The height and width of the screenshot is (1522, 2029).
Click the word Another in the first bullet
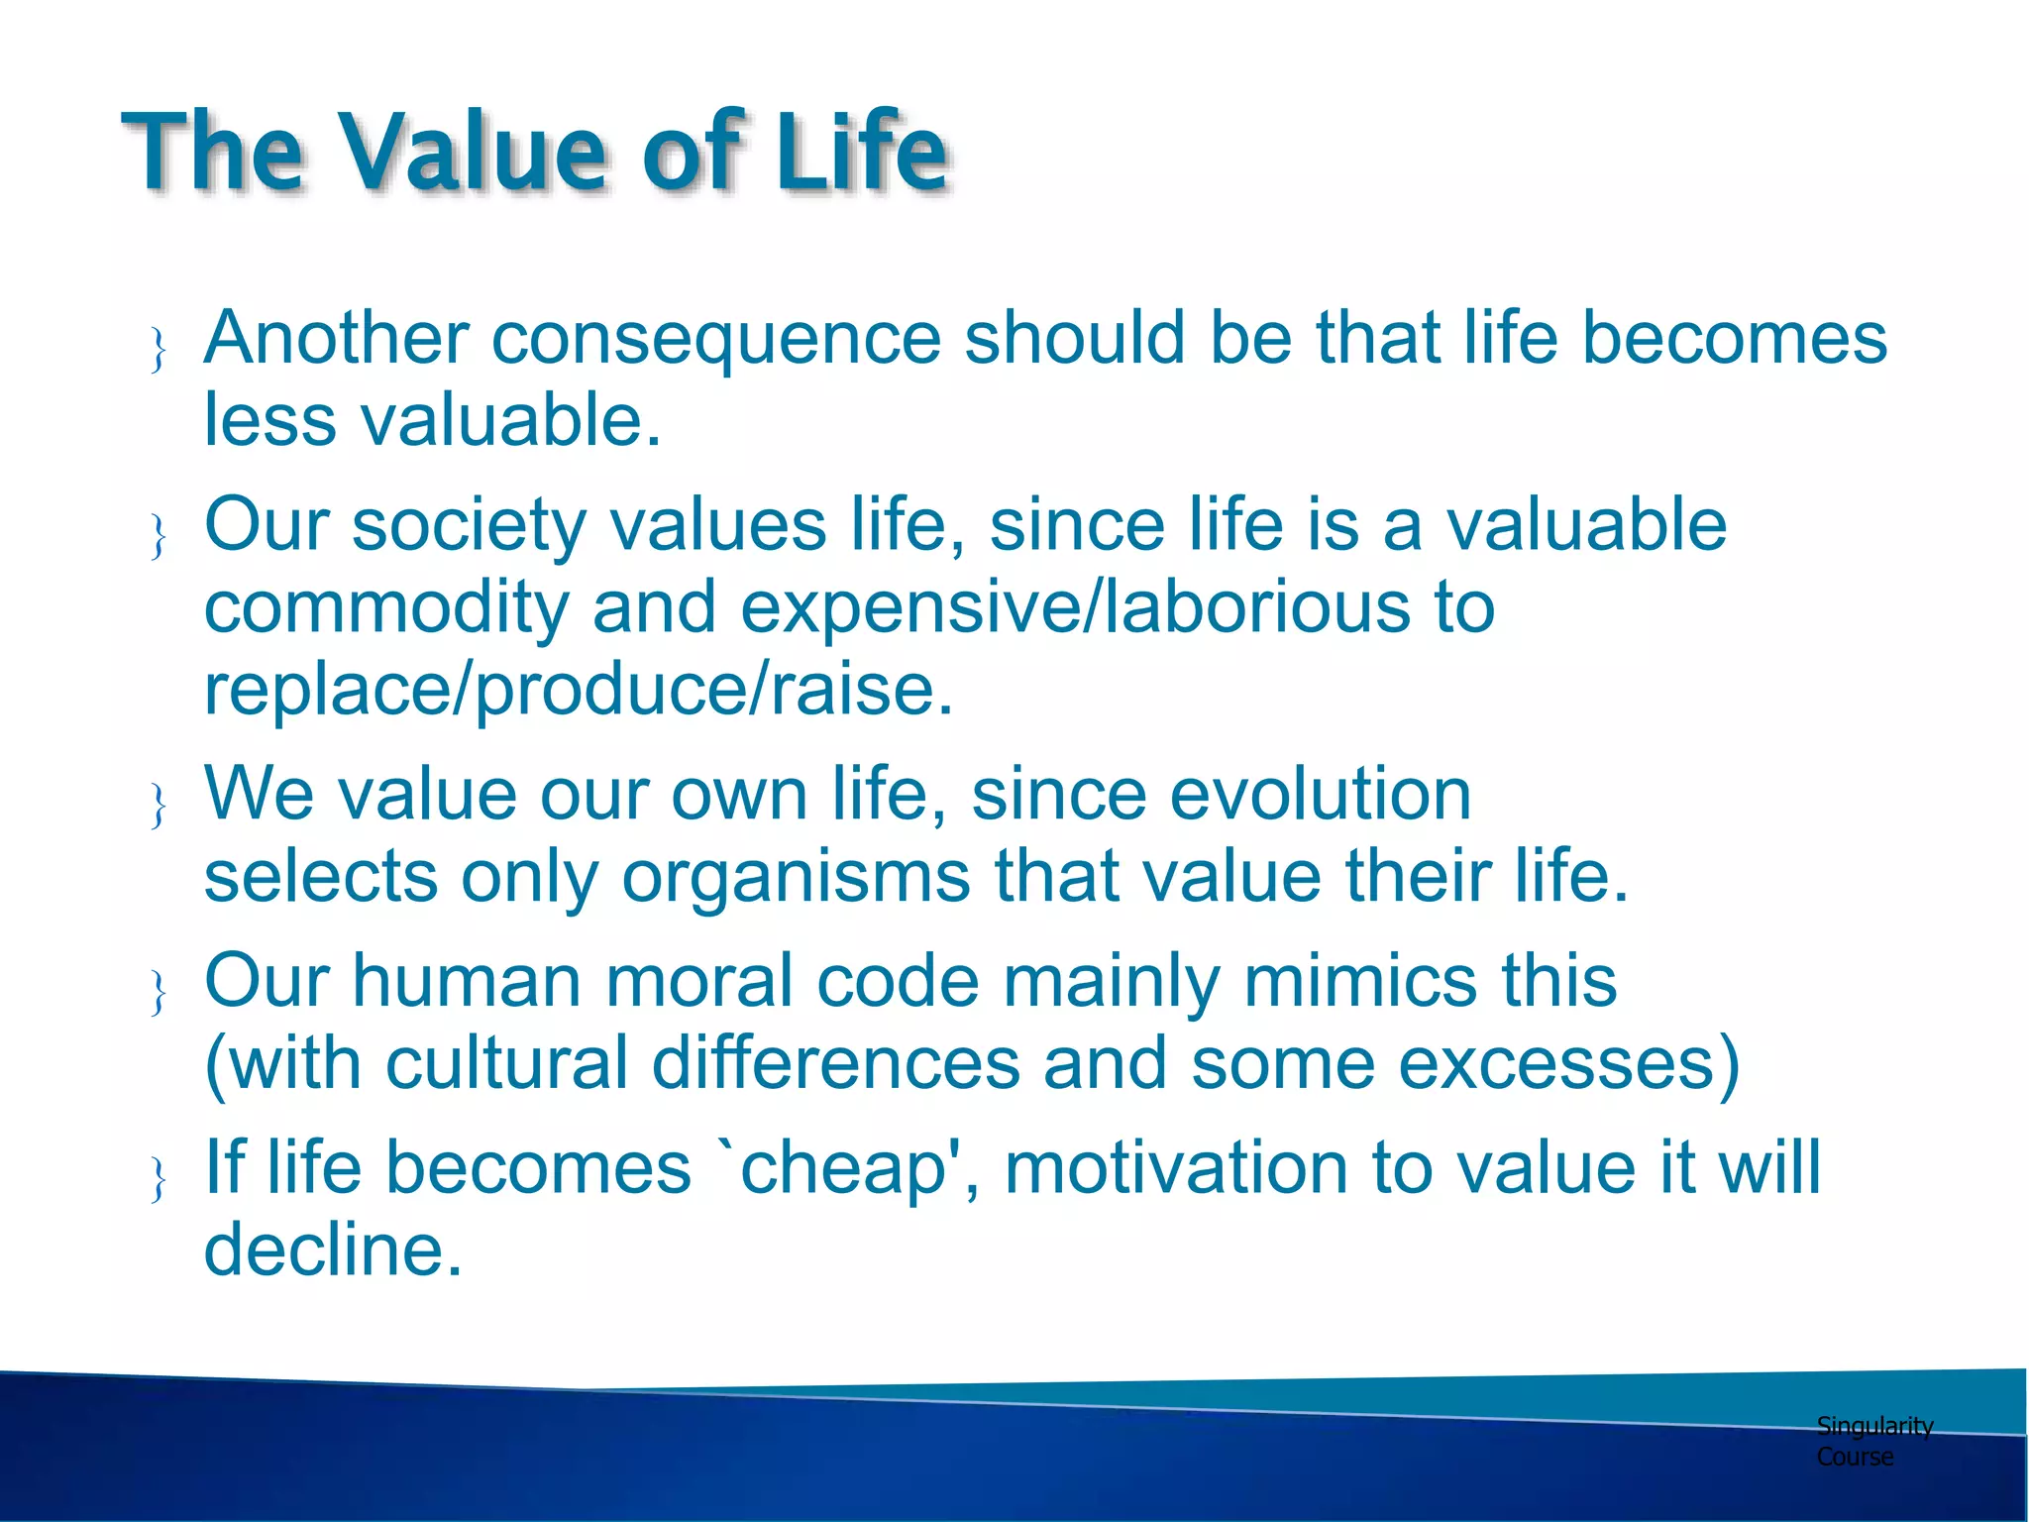336,338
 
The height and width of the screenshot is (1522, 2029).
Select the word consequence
715,340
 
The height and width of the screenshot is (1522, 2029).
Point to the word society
470,526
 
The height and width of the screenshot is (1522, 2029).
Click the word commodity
385,608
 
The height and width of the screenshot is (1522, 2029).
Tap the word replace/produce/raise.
578,691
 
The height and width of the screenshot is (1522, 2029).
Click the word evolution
1221,795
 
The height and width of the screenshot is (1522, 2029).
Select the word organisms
796,878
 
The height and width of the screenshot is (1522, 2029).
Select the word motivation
1176,1168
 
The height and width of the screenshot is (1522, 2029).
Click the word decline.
332,1250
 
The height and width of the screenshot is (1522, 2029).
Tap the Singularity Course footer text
1872,1441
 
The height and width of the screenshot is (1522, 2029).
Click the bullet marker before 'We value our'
159,805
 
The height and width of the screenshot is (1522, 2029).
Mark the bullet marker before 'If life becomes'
159,1178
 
